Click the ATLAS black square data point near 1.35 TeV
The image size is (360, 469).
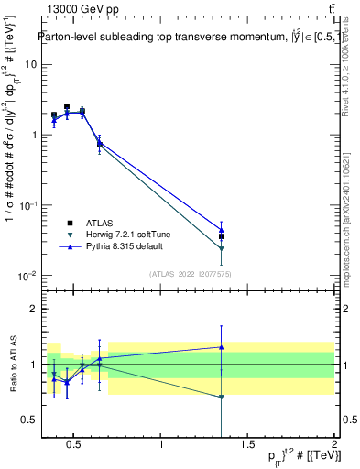(222, 236)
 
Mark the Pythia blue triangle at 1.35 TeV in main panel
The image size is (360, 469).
(222, 230)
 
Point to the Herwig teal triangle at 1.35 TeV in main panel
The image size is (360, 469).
(222, 248)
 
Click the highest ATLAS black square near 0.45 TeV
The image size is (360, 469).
(67, 106)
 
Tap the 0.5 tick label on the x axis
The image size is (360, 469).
(75, 446)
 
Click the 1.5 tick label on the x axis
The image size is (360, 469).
(247, 446)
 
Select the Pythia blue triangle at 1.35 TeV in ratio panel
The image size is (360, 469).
(222, 347)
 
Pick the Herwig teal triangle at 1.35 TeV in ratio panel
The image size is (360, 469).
(222, 397)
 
